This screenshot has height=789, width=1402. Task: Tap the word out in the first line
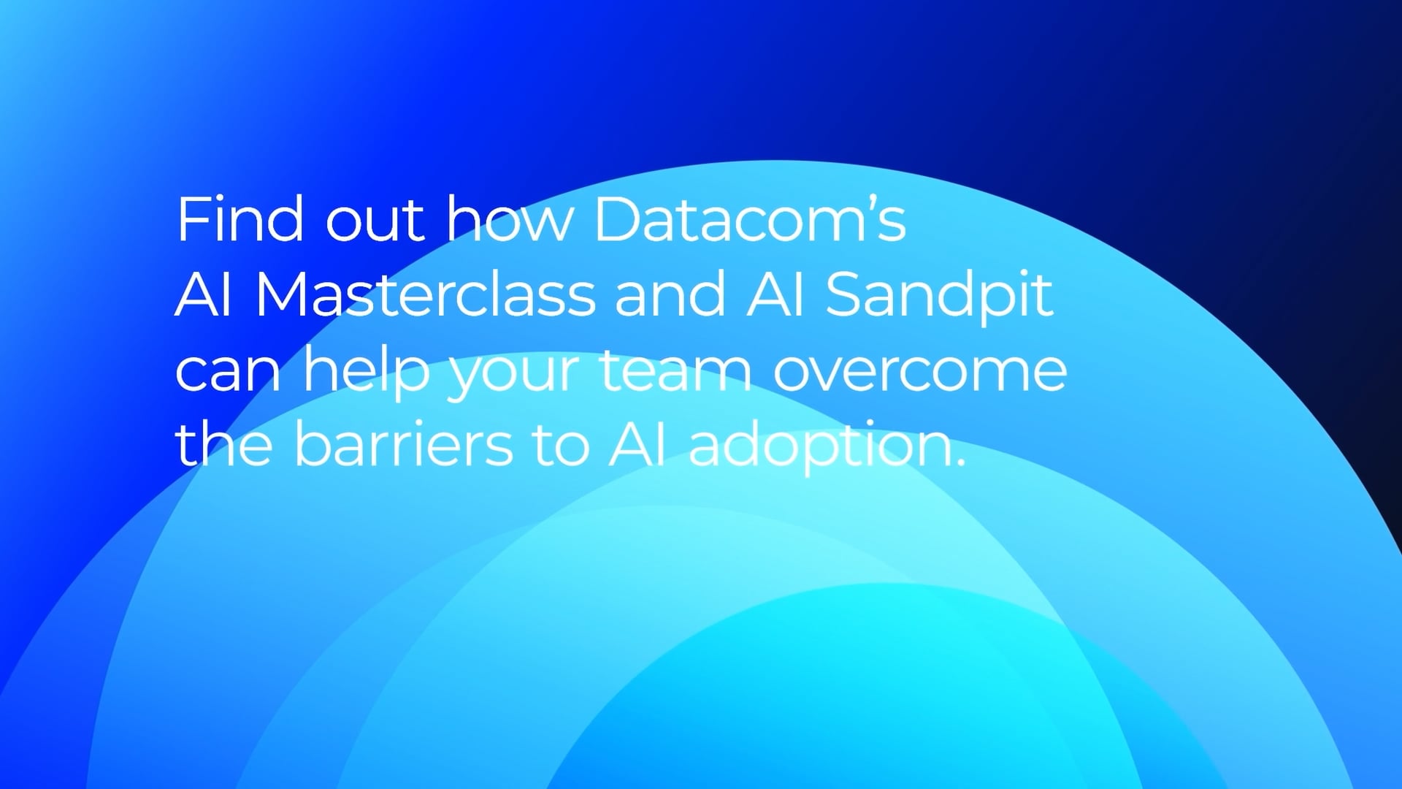374,221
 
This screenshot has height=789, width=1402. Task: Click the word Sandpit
939,297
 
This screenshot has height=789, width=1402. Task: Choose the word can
228,372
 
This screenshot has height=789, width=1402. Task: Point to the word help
367,372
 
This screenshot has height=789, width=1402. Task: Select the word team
675,370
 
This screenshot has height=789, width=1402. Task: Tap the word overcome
920,372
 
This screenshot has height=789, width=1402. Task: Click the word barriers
403,445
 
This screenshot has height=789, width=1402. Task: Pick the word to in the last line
561,445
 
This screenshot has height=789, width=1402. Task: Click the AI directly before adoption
637,445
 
